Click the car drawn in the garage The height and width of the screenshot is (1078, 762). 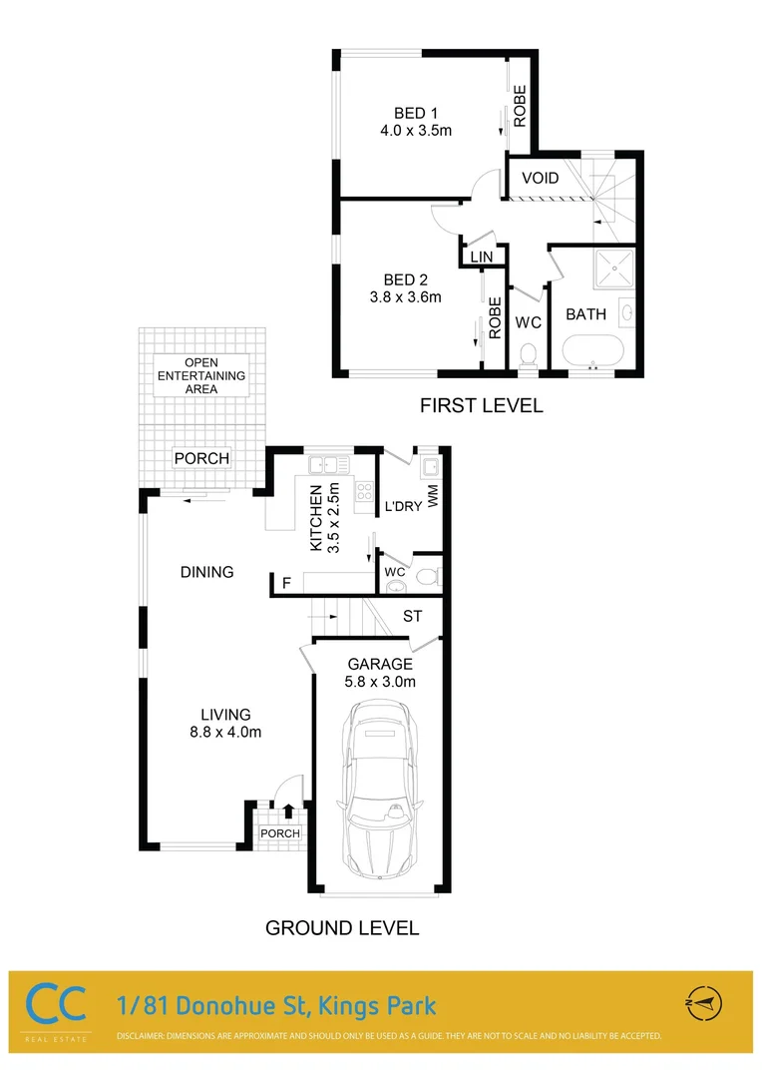click(378, 790)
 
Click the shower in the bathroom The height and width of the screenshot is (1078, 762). click(613, 268)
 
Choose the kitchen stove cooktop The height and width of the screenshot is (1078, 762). click(363, 491)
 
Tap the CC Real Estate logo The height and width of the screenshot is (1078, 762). click(55, 1008)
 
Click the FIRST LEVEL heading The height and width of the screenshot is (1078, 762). click(481, 405)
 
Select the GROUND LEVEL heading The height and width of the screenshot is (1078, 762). click(341, 927)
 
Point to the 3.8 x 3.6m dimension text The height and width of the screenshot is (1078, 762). click(405, 296)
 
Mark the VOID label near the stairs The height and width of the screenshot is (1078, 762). click(540, 178)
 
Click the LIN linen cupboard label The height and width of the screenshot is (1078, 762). click(483, 257)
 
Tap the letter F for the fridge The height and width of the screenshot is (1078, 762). click(286, 583)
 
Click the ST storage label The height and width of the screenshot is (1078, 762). click(411, 617)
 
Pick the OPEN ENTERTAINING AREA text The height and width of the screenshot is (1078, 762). click(201, 374)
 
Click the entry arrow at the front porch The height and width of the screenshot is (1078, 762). click(288, 810)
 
